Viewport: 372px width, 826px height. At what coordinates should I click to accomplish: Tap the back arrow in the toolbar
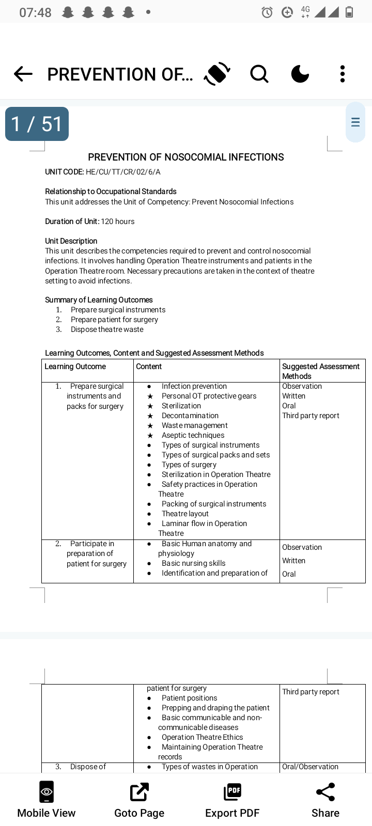(23, 74)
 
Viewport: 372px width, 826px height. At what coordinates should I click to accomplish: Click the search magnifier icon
(259, 74)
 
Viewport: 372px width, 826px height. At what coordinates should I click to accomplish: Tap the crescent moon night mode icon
(300, 74)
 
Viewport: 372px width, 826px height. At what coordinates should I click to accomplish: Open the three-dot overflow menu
(342, 74)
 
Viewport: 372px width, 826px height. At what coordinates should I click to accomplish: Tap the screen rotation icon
(217, 74)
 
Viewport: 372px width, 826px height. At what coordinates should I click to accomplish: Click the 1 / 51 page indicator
(37, 124)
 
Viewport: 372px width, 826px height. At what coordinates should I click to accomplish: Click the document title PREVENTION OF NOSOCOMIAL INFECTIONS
(186, 157)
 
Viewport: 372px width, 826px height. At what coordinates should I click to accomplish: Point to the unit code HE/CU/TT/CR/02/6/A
(123, 172)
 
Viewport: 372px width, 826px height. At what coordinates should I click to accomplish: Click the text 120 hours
(118, 221)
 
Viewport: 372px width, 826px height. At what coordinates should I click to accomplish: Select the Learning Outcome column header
(75, 367)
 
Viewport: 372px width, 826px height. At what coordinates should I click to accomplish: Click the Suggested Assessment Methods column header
(320, 371)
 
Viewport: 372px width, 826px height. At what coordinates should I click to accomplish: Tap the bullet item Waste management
(194, 425)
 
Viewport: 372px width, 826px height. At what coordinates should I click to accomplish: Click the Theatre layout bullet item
(185, 514)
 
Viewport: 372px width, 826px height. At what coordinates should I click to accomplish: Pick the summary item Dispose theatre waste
(107, 329)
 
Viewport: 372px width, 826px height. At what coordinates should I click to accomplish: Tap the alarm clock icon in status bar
(267, 12)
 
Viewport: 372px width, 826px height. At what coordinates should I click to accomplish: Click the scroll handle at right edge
(355, 122)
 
